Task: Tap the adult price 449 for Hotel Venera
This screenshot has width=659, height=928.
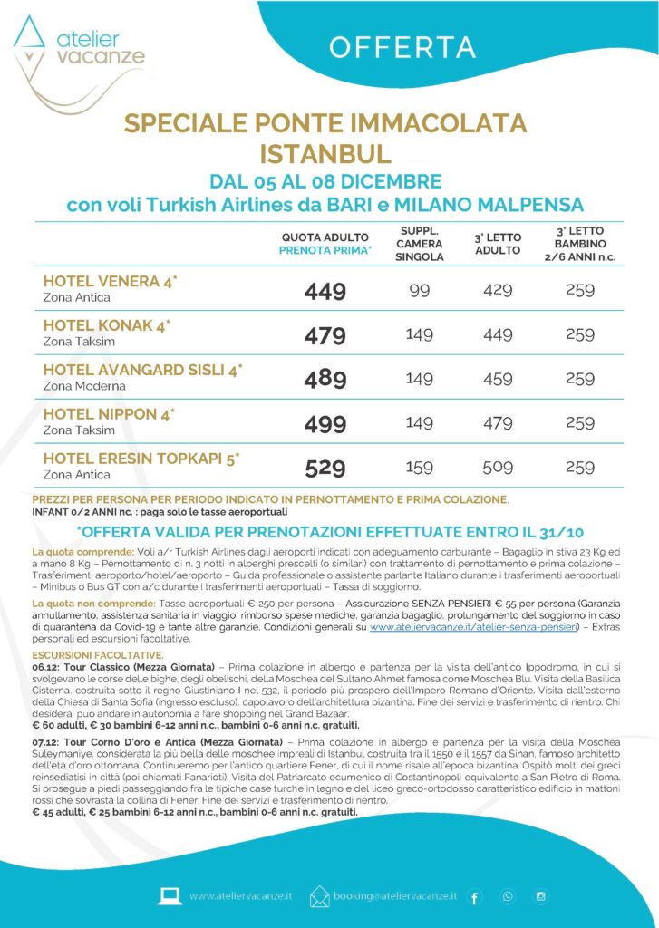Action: coord(325,291)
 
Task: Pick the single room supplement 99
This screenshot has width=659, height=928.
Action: coord(419,291)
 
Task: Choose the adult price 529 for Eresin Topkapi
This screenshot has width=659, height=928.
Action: coord(325,468)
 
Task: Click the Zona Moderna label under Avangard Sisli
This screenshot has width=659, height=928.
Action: coord(84,386)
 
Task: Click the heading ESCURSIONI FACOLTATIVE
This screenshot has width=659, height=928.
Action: coord(98,654)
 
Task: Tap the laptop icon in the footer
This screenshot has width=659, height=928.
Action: coord(170,895)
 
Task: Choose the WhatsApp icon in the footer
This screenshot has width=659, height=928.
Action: coord(508,896)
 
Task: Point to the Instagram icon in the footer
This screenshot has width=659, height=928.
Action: coord(540,896)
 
